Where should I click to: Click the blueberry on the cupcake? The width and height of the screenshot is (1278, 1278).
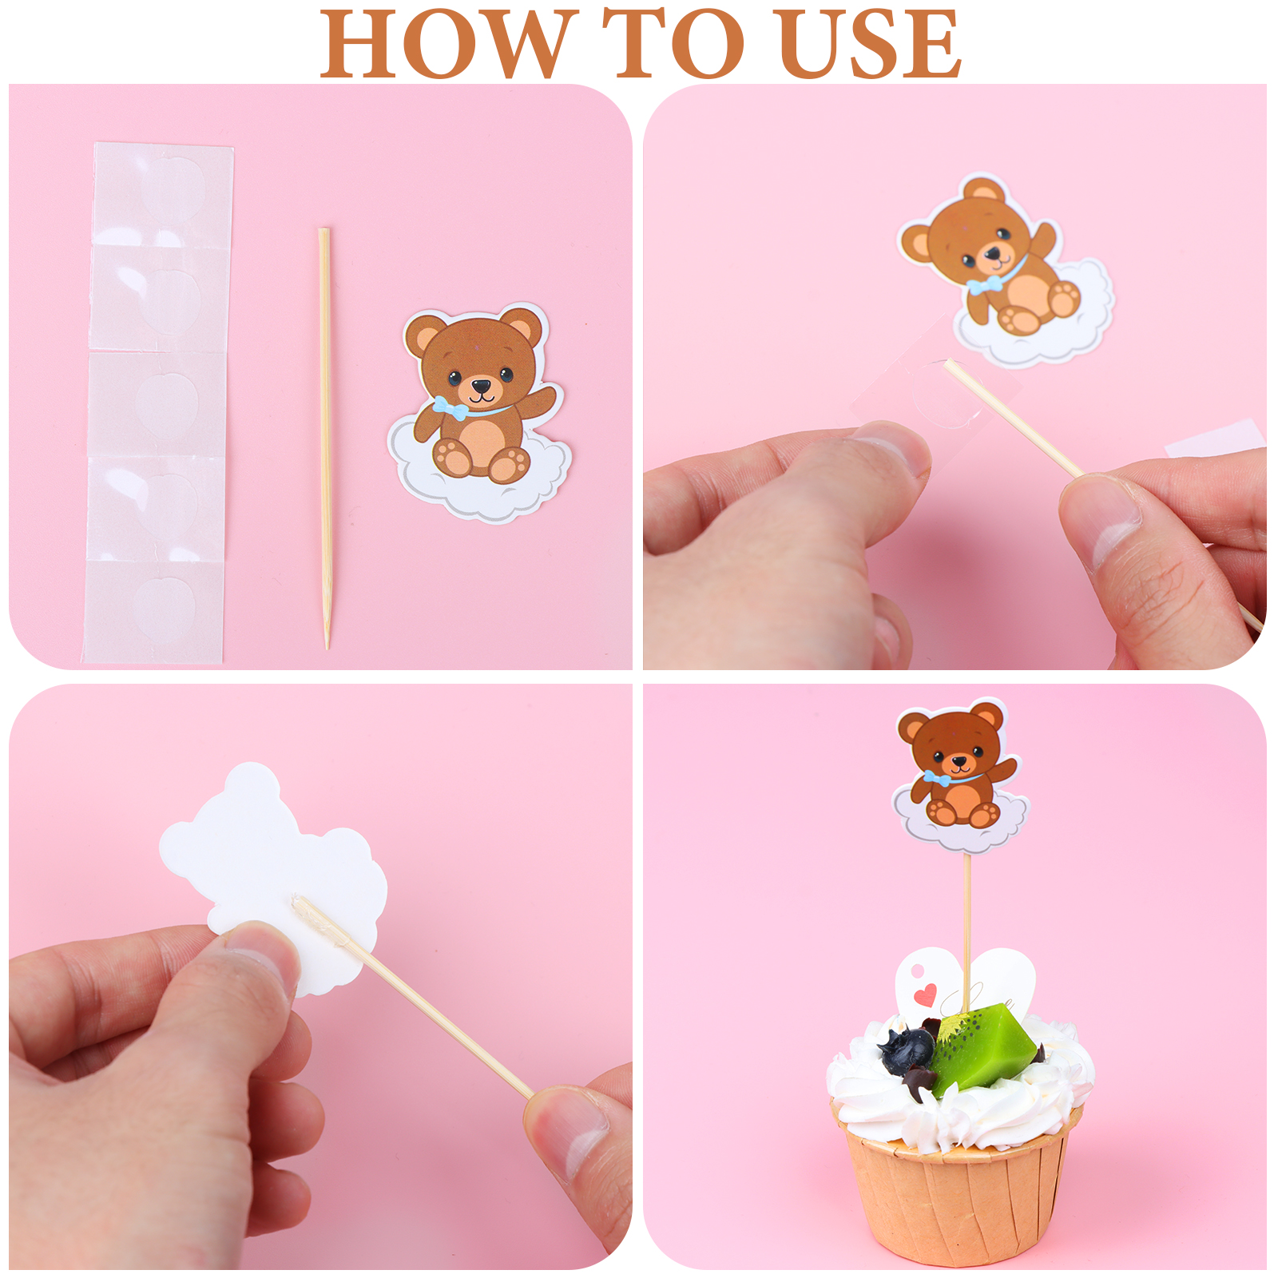coord(907,1050)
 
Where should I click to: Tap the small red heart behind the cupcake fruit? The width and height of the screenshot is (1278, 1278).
coord(925,995)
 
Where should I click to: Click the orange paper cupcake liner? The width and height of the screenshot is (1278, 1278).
coord(957,1182)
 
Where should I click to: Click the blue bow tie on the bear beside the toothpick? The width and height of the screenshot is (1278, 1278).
coord(452,408)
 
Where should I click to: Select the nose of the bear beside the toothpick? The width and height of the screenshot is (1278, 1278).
coord(482,387)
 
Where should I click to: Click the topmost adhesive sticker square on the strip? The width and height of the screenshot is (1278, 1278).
coord(163,194)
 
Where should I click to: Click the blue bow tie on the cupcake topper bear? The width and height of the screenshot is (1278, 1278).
coord(938,778)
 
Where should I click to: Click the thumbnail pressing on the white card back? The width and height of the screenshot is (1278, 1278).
coord(254,958)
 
